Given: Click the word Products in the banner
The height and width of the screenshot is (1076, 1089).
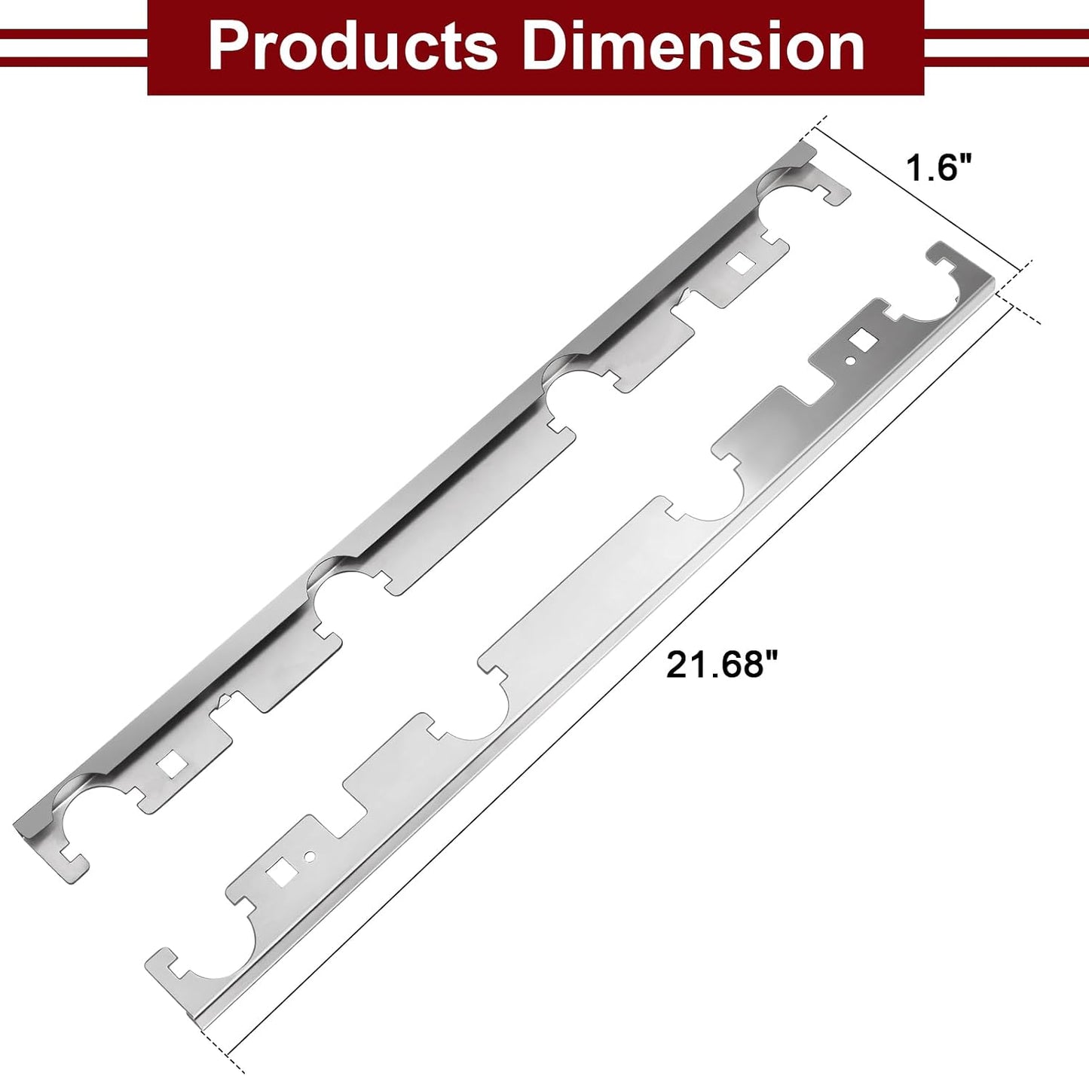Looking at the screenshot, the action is tap(353, 47).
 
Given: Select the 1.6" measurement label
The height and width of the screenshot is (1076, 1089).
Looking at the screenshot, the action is tap(938, 168).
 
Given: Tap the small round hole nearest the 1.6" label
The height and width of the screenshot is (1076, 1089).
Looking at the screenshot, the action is tap(850, 360).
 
